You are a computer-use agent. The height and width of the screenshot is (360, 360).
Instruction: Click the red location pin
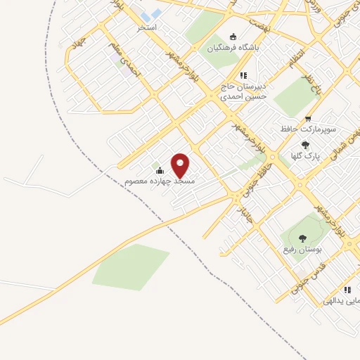181,165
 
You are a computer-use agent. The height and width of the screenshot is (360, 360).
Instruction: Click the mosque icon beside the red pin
160,170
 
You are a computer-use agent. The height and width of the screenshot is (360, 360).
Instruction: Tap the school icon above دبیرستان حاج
243,75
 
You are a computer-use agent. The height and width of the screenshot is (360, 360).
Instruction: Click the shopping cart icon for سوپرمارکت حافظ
307,119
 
